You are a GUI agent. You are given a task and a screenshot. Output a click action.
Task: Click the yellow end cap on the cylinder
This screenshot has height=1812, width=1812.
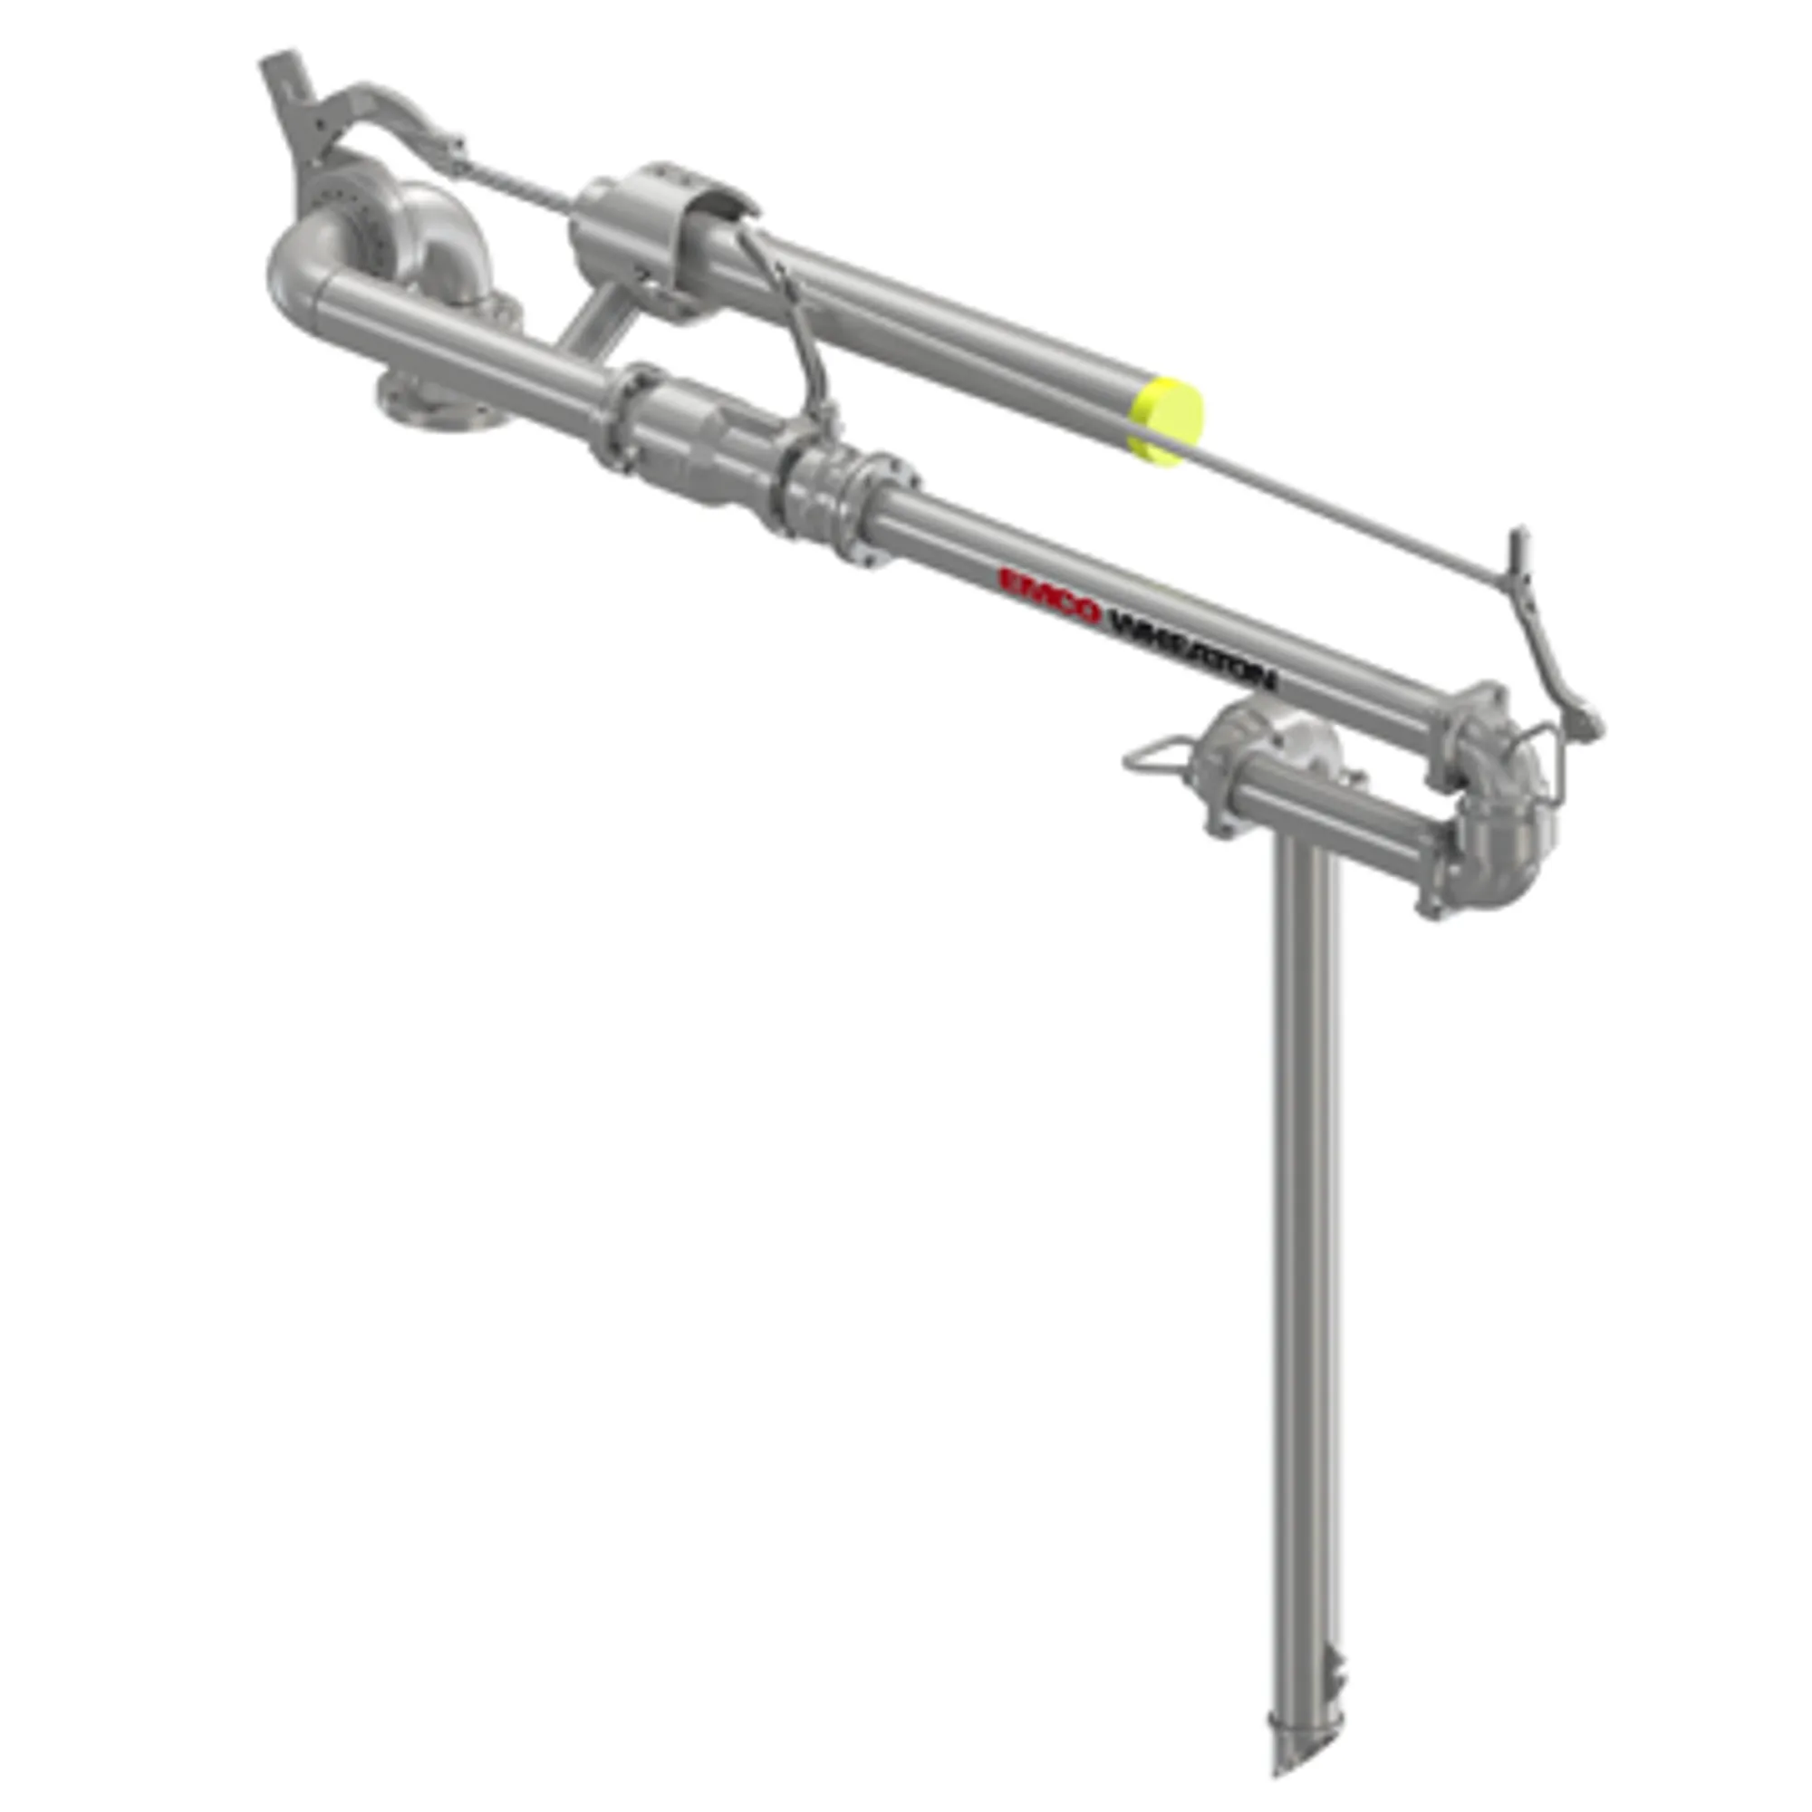1166,420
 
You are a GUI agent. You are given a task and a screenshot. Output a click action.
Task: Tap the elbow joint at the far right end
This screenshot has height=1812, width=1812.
1500,825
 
